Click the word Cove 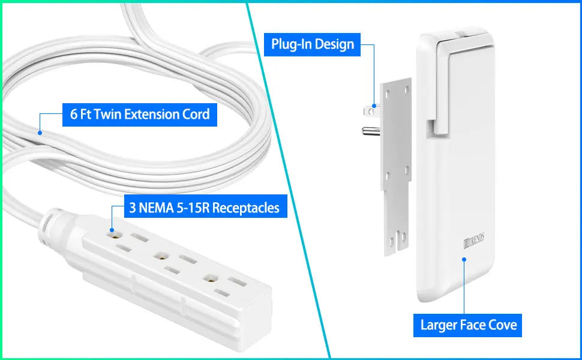[500, 325]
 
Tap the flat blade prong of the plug [367, 110]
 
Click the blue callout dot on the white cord [40, 132]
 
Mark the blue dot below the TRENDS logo [464, 260]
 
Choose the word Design [335, 44]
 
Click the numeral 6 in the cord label [74, 114]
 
